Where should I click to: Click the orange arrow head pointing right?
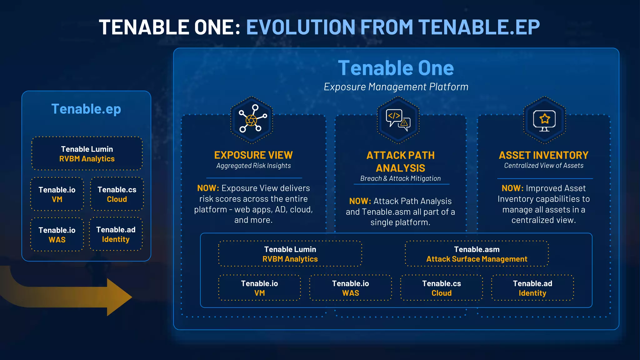pyautogui.click(x=120, y=297)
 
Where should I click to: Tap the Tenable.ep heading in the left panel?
pyautogui.click(x=86, y=109)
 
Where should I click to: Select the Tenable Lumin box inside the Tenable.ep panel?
pyautogui.click(x=87, y=154)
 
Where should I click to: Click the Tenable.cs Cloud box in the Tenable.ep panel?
pyautogui.click(x=117, y=194)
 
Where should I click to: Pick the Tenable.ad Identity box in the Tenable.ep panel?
pyautogui.click(x=116, y=234)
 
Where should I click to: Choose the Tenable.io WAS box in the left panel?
pyautogui.click(x=57, y=235)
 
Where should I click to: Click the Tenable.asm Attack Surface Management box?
pyautogui.click(x=477, y=254)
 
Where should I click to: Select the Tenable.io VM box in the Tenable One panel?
pyautogui.click(x=259, y=288)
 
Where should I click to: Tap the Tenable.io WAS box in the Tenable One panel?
pyautogui.click(x=350, y=288)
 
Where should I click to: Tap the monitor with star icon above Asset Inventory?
pyautogui.click(x=544, y=120)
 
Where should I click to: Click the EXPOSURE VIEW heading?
pyautogui.click(x=253, y=155)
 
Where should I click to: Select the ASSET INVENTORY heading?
pyautogui.click(x=543, y=155)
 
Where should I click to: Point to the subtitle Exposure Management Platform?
pyautogui.click(x=396, y=87)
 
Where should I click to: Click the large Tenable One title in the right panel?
pyautogui.click(x=396, y=68)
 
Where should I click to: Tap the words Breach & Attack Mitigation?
pyautogui.click(x=400, y=178)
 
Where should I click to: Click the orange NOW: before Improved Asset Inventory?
pyautogui.click(x=512, y=188)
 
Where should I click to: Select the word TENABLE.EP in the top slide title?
pyautogui.click(x=479, y=27)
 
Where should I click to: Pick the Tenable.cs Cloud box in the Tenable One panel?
pyautogui.click(x=441, y=288)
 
